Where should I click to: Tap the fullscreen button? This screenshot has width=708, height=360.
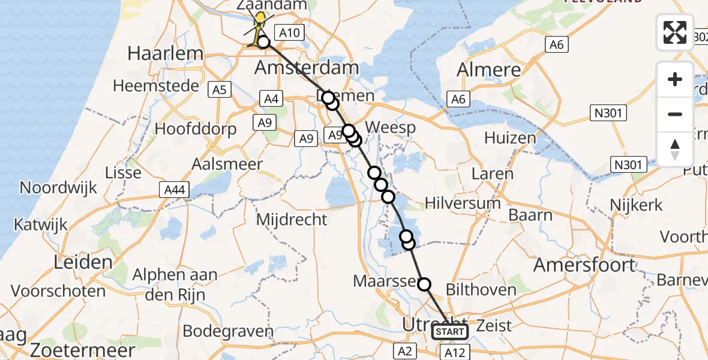click(x=675, y=32)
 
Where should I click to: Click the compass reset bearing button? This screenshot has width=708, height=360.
click(x=675, y=149)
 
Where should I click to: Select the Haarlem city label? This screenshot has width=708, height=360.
click(x=165, y=53)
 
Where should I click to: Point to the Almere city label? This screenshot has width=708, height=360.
click(x=489, y=70)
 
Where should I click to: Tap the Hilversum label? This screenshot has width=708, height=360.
click(x=462, y=203)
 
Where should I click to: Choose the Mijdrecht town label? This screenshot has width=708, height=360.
click(x=292, y=220)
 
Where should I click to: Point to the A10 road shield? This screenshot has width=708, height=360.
click(x=289, y=32)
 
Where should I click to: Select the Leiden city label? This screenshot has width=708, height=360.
click(x=83, y=262)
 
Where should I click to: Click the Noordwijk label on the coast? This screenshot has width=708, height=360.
click(x=58, y=187)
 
